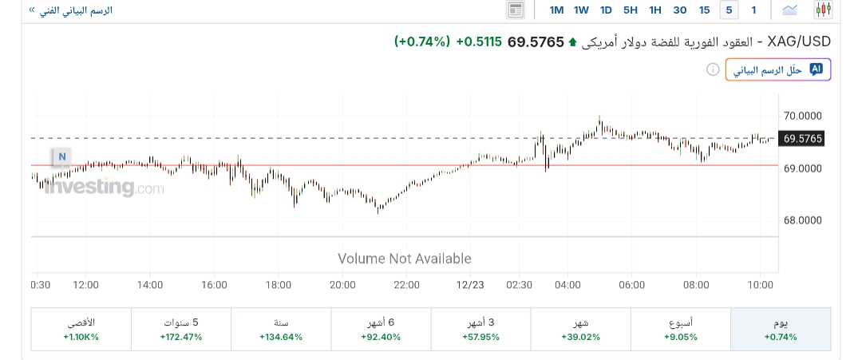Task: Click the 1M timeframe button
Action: [x=557, y=10]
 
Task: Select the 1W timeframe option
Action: [x=581, y=10]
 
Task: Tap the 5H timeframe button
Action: [x=631, y=10]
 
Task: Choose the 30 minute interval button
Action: [x=680, y=10]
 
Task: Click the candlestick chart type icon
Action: [x=823, y=10]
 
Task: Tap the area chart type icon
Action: [x=790, y=10]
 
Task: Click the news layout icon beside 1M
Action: [x=516, y=10]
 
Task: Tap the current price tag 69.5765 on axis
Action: [x=802, y=139]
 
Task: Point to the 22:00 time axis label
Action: [x=406, y=284]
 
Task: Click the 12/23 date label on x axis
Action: [x=470, y=284]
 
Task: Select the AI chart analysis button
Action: [x=777, y=70]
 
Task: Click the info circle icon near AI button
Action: [x=713, y=70]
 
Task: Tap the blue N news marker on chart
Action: [x=61, y=156]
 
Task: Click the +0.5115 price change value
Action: [x=479, y=42]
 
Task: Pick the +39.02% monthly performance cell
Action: [x=580, y=329]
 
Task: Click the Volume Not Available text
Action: [x=405, y=259]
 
